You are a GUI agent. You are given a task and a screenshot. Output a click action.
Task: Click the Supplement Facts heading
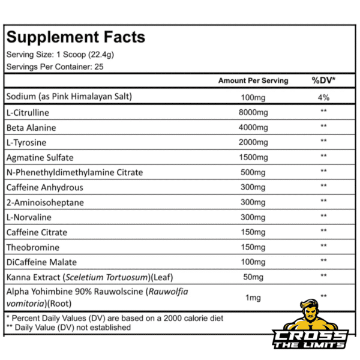76,37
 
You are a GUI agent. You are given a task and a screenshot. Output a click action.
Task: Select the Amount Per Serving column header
253,80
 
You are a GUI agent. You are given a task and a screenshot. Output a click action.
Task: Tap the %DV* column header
323,80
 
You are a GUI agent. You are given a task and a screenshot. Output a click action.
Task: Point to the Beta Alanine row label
30,127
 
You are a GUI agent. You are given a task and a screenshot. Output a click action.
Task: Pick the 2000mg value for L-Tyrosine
253,142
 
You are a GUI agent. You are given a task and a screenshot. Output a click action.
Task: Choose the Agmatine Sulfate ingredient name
40,157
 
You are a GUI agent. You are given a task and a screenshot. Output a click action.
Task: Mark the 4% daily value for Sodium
323,97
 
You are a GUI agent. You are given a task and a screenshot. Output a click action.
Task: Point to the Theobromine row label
32,247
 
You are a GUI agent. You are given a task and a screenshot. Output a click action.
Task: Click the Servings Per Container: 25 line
55,67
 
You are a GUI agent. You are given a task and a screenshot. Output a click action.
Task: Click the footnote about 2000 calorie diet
114,318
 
